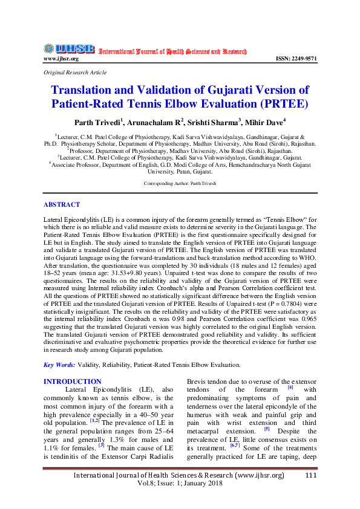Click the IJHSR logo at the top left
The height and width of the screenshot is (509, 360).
pos(69,48)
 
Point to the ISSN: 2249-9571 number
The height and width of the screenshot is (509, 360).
pos(296,59)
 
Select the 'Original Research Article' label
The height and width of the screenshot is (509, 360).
pos(75,72)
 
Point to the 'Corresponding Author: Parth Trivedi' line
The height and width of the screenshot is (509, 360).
pos(180,183)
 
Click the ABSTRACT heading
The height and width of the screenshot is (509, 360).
pos(62,205)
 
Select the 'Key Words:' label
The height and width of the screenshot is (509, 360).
pos(59,365)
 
